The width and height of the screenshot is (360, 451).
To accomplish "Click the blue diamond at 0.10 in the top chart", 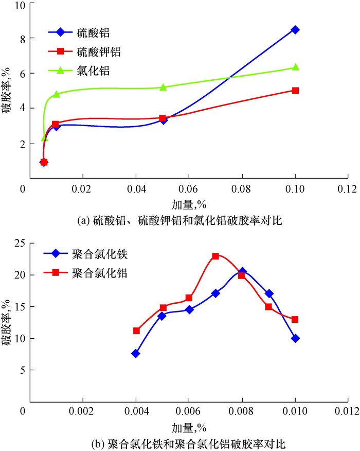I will click(295, 30).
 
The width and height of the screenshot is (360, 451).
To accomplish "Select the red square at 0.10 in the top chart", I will click(295, 91).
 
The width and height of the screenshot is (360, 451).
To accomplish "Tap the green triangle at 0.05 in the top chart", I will click(163, 87).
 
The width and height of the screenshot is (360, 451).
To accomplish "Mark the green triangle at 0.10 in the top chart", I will click(295, 67).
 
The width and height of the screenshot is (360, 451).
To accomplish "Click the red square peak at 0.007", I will click(215, 256).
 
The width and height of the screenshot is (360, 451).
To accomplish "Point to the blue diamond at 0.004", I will click(136, 354).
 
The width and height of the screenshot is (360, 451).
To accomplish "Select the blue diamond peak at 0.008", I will click(242, 271).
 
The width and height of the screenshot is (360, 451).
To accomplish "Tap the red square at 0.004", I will click(136, 331).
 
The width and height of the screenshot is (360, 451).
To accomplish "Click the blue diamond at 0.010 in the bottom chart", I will click(295, 338).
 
